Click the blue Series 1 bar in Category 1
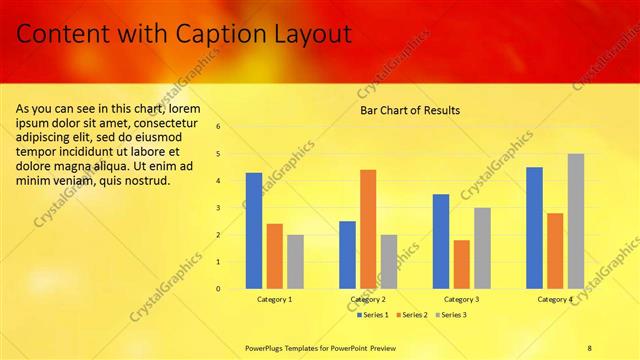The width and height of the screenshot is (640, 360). [x=254, y=231]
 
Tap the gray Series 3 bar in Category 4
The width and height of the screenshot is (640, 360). [x=576, y=221]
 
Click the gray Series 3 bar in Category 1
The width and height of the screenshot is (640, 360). [x=295, y=262]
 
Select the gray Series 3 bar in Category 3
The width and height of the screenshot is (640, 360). [x=482, y=248]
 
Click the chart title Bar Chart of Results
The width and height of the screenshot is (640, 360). [x=410, y=110]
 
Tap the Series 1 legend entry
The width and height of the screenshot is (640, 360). [x=374, y=315]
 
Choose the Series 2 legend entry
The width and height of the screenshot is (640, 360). [x=414, y=315]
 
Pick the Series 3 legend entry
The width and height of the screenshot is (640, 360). [x=450, y=315]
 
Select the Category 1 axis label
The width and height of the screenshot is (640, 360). [x=274, y=299]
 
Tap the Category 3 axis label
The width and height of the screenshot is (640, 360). [x=461, y=299]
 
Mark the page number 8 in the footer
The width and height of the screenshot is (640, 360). [x=590, y=347]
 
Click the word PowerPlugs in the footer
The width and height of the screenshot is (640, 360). [x=267, y=347]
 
